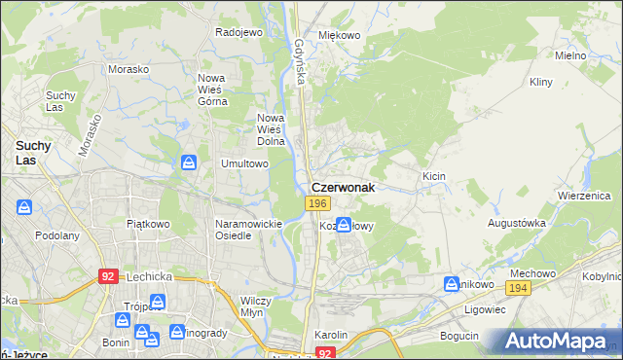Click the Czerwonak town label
[x=342, y=187]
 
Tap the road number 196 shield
[x=316, y=202]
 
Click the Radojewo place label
[x=239, y=32]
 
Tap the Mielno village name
[x=569, y=55]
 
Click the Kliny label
[x=541, y=84]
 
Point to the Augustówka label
[x=517, y=223]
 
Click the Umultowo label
[x=244, y=164]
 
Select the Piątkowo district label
[x=148, y=223]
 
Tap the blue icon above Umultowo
[x=190, y=163]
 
